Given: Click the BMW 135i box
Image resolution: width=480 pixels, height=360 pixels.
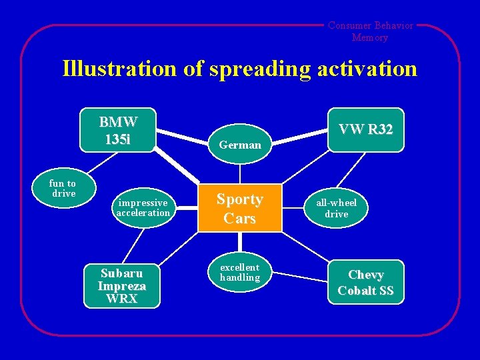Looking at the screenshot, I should click(118, 130).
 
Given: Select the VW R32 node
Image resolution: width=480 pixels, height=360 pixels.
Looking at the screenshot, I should click(365, 129).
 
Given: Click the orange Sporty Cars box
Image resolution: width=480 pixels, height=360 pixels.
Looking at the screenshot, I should click(239, 208).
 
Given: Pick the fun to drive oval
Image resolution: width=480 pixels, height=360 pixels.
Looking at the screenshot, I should click(63, 188).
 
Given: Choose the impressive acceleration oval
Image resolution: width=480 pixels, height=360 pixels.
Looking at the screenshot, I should click(143, 207).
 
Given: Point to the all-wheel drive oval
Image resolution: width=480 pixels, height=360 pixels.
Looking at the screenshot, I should click(336, 208).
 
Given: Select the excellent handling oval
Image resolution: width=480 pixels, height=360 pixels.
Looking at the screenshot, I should click(239, 272).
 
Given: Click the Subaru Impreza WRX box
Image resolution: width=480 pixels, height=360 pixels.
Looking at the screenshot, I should click(122, 286).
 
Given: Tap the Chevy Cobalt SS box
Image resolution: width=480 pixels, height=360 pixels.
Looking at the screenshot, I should click(365, 283).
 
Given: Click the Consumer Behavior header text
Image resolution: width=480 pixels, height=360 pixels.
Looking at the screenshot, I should click(370, 26).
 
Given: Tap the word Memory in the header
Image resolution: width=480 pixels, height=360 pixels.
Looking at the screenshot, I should click(370, 37).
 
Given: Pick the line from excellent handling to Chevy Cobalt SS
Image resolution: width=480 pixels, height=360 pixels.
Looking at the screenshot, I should click(301, 273).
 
